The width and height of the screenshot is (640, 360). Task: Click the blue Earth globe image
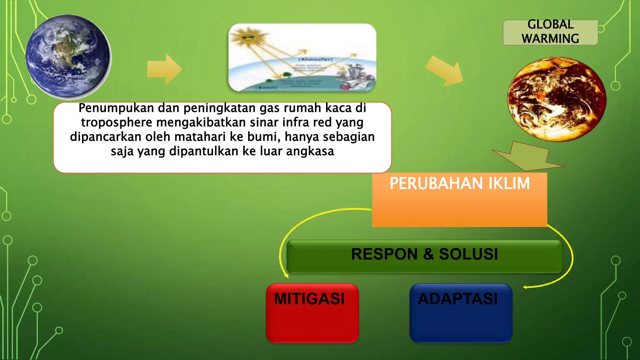pos(68,56)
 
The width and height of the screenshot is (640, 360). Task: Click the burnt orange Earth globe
pos(557,99)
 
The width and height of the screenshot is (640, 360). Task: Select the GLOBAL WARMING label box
pos(550,32)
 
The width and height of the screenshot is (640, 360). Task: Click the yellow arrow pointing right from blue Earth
pos(164,69)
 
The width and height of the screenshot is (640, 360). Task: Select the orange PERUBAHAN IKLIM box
pos(459,200)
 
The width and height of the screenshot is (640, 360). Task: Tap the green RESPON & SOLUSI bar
pos(424,256)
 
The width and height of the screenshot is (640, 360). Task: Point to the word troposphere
pos(117,122)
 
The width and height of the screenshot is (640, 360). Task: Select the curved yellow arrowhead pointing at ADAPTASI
pos(525,287)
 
